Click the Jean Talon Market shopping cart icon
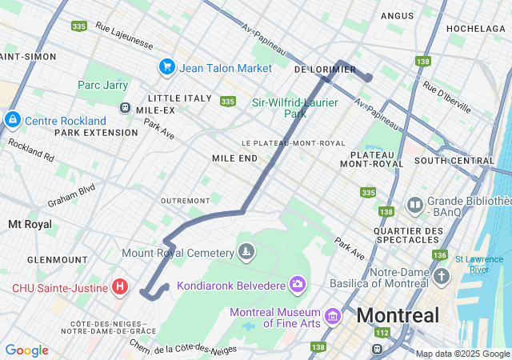pos(167,67)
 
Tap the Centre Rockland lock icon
pos(13,120)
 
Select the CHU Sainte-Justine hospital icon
pos(120,286)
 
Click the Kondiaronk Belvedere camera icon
pos(298,284)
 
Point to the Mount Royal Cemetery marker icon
pos(246,253)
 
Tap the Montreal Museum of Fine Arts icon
pos(332,318)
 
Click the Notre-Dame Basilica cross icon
pos(443,277)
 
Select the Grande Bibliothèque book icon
pos(415,206)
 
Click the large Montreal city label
pos(398,315)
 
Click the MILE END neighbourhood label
pos(234,158)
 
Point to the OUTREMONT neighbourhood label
pos(185,200)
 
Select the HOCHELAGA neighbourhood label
pos(476,28)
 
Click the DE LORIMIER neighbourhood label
pos(325,70)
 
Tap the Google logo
pos(26,350)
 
